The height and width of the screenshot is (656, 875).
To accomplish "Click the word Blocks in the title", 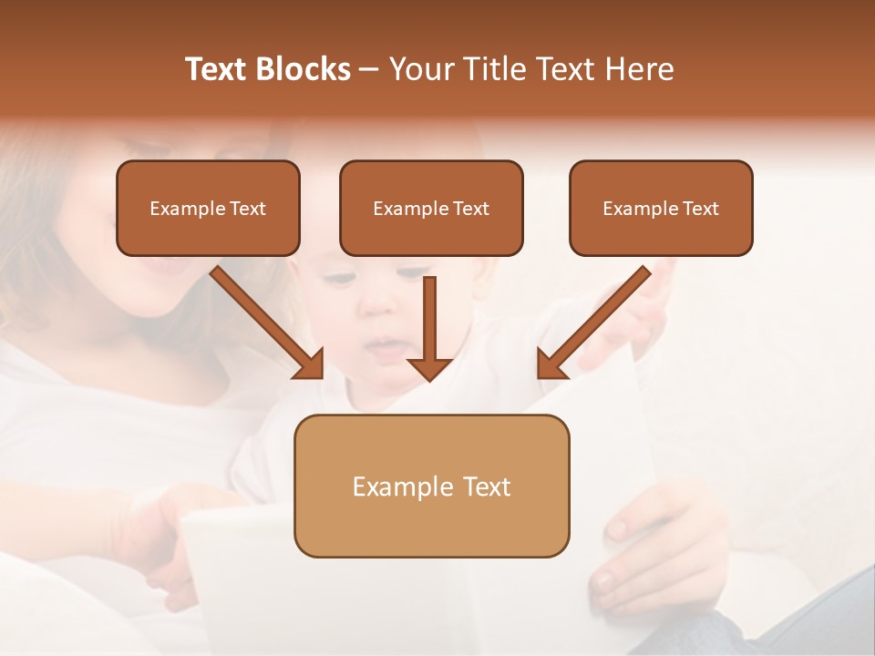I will coord(303,69).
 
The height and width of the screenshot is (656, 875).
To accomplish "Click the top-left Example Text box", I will coord(208,209).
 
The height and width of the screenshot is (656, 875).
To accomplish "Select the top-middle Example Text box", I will coord(431,209).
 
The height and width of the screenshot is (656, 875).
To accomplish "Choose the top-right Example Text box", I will coord(661,209).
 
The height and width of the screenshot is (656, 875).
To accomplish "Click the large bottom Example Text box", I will coord(431,487).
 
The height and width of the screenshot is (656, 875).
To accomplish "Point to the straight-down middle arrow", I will coord(429,319).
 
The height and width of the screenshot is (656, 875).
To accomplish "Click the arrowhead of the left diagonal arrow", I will coord(310,364).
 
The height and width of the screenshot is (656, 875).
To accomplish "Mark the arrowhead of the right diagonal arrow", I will coord(551,364).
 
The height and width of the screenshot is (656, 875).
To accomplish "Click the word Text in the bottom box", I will coord(485,487).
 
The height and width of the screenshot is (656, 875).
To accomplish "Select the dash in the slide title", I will coord(369,70).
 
